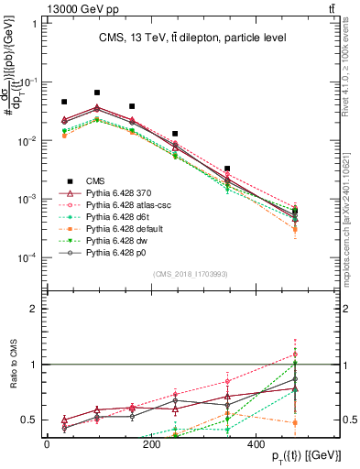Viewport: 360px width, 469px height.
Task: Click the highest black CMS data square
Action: pyautogui.click(x=97, y=93)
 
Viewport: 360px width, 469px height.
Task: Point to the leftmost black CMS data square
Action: pyautogui.click(x=64, y=103)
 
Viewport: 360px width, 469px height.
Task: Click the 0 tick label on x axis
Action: pyautogui.click(x=47, y=444)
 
